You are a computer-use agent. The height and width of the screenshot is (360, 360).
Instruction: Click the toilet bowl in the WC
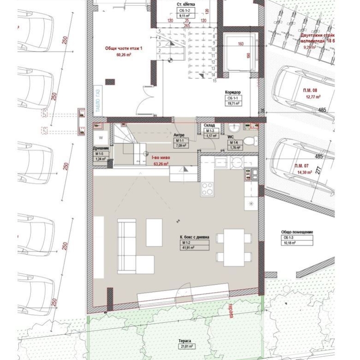click(x=250, y=141)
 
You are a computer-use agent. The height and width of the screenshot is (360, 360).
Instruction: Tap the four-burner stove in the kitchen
click(x=207, y=189)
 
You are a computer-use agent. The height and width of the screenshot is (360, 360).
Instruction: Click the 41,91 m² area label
click(x=188, y=247)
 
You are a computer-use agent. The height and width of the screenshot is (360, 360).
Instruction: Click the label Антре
click(x=179, y=135)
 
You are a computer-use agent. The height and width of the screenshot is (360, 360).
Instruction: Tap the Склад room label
click(x=209, y=125)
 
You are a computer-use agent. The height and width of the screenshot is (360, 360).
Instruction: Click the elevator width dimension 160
click(x=240, y=45)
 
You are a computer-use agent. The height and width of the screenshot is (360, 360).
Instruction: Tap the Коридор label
click(x=233, y=92)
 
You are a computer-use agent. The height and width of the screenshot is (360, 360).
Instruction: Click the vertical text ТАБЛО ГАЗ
click(x=98, y=98)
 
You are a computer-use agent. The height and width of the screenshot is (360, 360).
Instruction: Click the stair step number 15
click(x=215, y=80)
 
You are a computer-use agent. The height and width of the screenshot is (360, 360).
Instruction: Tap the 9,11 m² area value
click(x=186, y=15)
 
